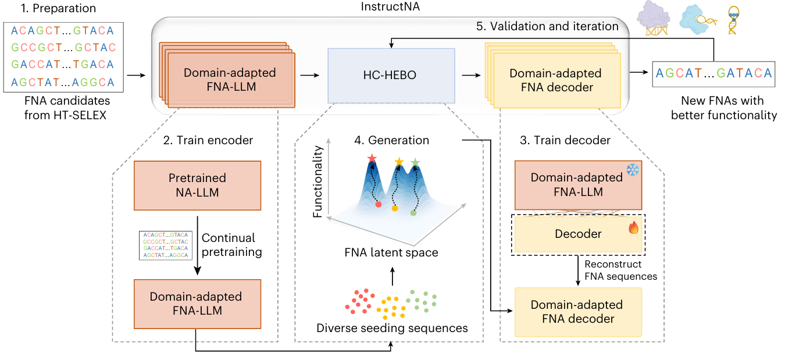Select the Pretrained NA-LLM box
tap(198, 185)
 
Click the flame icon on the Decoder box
tap(633, 227)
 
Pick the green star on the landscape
tap(415, 162)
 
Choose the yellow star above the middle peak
tap(399, 161)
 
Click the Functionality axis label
tap(317, 183)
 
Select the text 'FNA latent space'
tap(391, 252)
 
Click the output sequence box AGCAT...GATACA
tap(713, 74)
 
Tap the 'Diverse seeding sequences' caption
tap(392, 328)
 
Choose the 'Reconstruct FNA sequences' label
tap(620, 270)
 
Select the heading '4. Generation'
tap(391, 140)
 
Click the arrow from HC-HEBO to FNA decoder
tap(469, 74)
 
